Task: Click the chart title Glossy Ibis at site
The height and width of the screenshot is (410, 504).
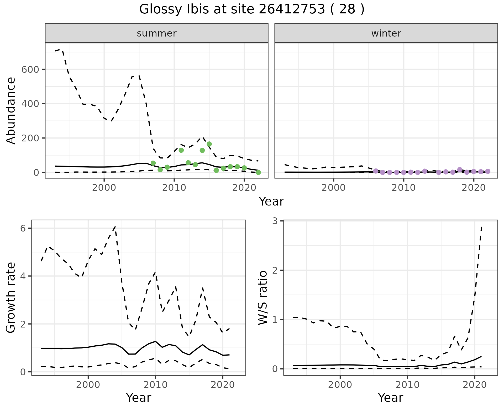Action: (251, 9)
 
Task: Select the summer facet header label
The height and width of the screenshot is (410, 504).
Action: (157, 33)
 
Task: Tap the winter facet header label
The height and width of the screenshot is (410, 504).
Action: (386, 33)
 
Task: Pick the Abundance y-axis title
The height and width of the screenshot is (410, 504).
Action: (11, 110)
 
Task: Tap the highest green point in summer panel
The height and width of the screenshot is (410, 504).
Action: (209, 144)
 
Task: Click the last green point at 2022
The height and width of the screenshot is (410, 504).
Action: (258, 172)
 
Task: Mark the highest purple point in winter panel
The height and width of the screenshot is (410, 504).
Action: (460, 170)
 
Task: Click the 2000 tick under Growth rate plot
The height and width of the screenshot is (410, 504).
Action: (88, 385)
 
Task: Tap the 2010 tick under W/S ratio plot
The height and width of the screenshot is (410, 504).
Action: (407, 385)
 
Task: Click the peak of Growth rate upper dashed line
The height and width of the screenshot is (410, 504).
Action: (115, 226)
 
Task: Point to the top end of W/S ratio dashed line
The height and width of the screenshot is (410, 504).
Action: (481, 227)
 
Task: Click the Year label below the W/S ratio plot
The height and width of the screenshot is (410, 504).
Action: (390, 398)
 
